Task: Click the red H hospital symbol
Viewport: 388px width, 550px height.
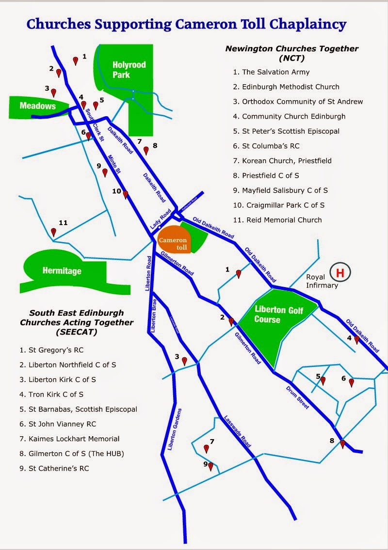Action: [340, 273]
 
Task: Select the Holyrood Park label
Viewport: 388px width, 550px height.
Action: [129, 69]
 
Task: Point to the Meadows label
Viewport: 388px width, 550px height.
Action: [38, 106]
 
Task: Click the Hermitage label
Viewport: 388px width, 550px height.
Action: [62, 271]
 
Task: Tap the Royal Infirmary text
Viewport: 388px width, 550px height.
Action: [322, 281]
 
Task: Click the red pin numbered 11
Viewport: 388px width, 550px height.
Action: [53, 232]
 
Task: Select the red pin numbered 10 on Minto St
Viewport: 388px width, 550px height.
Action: [125, 194]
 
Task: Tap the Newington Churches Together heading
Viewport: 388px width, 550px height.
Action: [292, 49]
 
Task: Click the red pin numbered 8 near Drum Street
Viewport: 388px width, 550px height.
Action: [342, 443]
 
